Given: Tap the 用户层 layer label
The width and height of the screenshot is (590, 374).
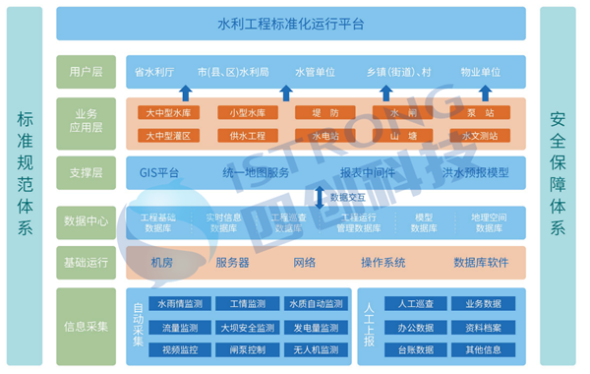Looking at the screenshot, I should point(87,72).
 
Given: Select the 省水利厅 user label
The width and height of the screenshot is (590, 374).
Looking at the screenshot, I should point(153,72).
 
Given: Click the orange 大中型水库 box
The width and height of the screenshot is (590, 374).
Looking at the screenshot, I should point(170,112).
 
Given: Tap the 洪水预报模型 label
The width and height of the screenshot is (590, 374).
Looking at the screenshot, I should point(475,173).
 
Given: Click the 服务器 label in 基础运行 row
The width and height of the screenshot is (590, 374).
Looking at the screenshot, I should point(232,263).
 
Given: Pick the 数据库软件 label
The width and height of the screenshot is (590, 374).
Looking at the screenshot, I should point(481,263).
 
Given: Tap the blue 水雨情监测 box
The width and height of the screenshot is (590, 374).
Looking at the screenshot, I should point(179,304).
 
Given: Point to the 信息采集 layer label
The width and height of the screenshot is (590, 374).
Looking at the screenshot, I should point(87,327).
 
